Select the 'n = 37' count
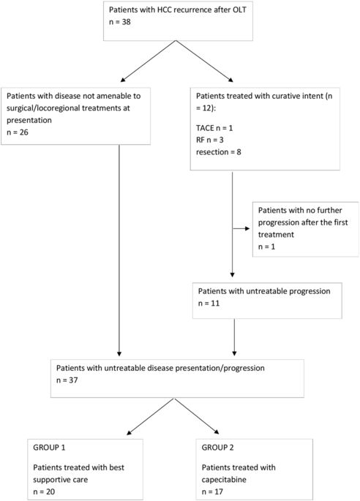[68, 380]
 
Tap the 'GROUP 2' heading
[217, 442]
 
